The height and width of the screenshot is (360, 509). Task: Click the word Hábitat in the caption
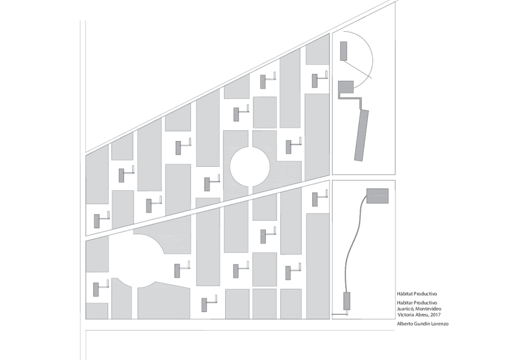[x=405, y=295]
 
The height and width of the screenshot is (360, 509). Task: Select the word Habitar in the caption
[x=405, y=304]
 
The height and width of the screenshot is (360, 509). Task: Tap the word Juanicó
[x=406, y=309]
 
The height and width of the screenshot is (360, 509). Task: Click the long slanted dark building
[x=362, y=136]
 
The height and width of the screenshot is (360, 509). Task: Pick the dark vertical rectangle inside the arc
[x=343, y=51]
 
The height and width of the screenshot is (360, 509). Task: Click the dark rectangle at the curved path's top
[x=377, y=196]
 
